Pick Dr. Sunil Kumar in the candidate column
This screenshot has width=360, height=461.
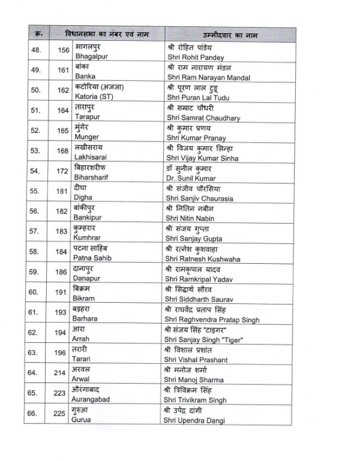tap(190, 178)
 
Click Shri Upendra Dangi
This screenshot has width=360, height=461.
tap(196, 421)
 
